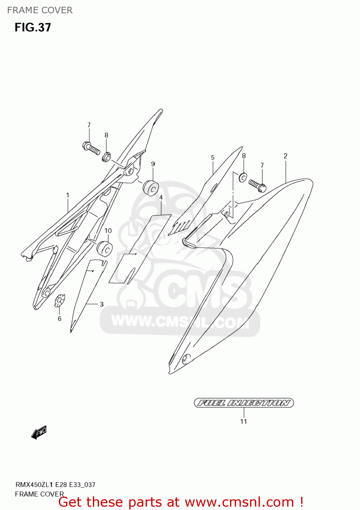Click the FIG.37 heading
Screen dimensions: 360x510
33,27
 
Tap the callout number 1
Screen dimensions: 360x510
67,195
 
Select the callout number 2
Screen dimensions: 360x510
285,156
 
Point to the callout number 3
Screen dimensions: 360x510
101,304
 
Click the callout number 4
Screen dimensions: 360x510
161,197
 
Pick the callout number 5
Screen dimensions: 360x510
213,157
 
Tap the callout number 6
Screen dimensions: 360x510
60,319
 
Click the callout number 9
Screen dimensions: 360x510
153,164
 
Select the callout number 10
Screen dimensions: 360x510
108,231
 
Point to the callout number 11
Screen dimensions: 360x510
244,422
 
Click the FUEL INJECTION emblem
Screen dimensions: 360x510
244,403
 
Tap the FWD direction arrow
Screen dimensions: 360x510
39,432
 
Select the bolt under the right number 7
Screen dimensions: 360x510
257,185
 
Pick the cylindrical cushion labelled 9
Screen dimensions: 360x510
151,188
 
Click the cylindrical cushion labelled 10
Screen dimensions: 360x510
104,249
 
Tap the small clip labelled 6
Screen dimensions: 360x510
60,300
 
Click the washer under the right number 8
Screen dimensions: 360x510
243,177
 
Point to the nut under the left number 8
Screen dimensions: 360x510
106,157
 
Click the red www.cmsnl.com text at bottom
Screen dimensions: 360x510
239,502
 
